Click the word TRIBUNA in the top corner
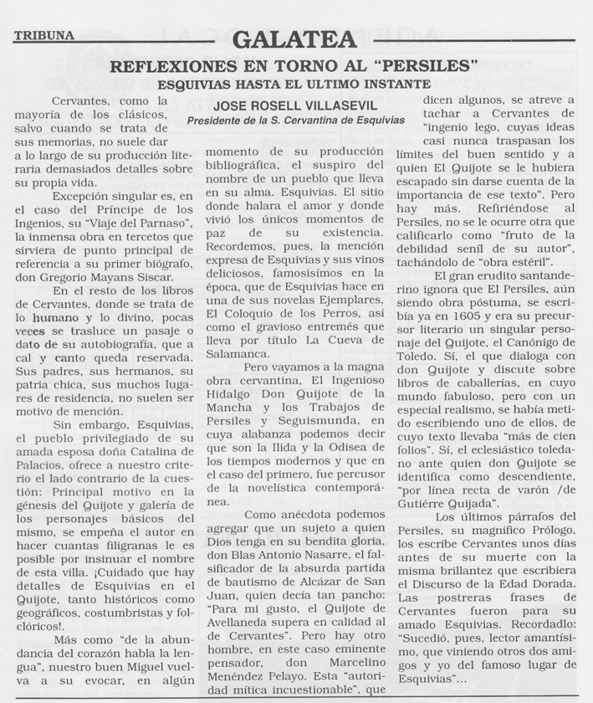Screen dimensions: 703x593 tap(43, 35)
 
